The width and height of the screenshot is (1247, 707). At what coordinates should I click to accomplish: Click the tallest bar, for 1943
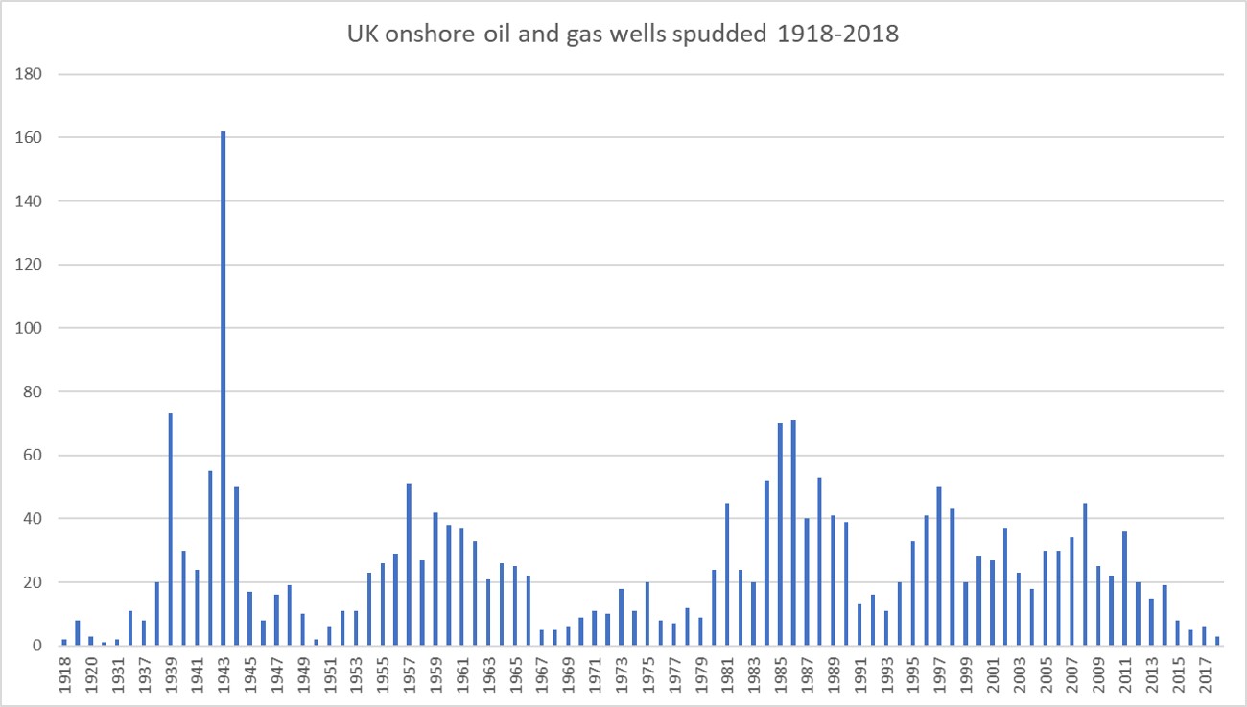(x=224, y=389)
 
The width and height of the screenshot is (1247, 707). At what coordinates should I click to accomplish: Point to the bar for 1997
(x=939, y=566)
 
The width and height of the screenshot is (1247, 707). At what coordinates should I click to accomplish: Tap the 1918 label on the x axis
(x=64, y=677)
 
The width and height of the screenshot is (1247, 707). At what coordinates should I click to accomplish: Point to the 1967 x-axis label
(x=542, y=677)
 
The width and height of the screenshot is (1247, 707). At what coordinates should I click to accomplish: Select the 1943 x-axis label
(x=224, y=677)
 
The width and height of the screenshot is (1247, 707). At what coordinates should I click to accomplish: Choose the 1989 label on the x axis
(x=833, y=677)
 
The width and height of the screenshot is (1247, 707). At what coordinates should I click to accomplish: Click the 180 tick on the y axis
(x=32, y=74)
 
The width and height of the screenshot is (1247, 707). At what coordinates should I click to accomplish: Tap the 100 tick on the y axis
(x=32, y=328)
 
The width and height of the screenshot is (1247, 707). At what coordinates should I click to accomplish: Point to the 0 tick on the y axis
(x=38, y=646)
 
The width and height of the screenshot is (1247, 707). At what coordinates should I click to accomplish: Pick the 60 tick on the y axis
(x=35, y=456)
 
